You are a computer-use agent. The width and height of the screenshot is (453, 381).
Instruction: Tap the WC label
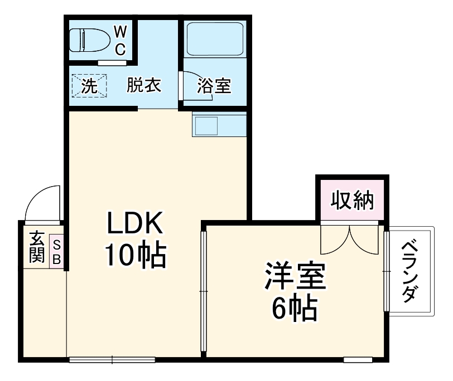tap(120, 41)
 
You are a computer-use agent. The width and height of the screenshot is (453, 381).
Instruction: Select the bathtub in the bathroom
tap(214, 39)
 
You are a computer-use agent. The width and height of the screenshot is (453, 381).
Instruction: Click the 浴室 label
tap(214, 86)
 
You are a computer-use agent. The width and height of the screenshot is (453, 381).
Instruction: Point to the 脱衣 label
tap(144, 86)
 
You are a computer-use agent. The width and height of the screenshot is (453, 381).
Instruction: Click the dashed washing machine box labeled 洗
tap(89, 86)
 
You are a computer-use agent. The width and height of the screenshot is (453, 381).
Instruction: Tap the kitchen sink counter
tap(219, 124)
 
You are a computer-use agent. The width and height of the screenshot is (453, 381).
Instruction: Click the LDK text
tap(134, 224)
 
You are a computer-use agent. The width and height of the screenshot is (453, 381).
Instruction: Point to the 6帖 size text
tap(295, 307)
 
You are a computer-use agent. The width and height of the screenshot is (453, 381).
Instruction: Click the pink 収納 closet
tap(350, 199)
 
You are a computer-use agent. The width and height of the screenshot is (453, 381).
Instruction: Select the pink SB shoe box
tap(57, 251)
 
